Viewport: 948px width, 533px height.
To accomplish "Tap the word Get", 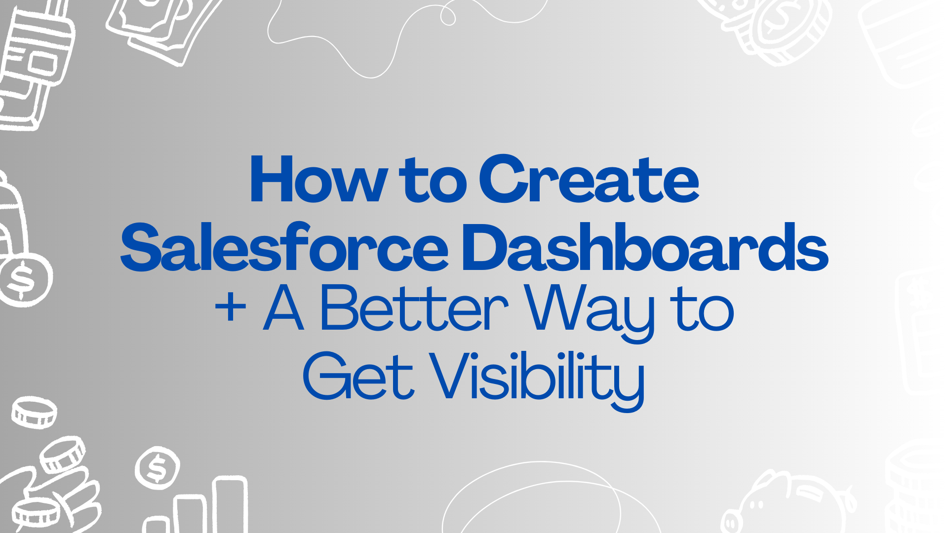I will tap(358, 376).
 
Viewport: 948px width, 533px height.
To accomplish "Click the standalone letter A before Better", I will tap(283, 308).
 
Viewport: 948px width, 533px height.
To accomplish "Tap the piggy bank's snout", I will tap(732, 523).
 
